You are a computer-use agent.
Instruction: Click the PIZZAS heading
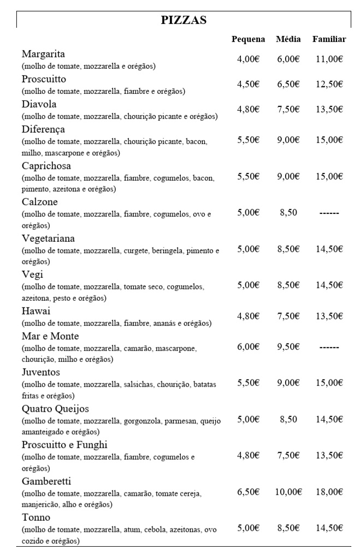click(184, 20)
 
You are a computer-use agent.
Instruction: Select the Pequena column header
click(248, 39)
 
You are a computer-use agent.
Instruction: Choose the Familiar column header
click(329, 39)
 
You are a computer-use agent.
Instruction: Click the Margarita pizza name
click(44, 54)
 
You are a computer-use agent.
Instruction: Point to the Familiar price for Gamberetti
click(329, 492)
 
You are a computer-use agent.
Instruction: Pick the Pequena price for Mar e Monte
click(248, 347)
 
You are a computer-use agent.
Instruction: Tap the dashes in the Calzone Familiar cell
click(329, 212)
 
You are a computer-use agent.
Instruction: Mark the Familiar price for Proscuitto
click(329, 84)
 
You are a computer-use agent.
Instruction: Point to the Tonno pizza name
click(36, 517)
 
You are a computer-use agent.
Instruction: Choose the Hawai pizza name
click(36, 311)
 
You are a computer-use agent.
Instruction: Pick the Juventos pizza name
click(42, 372)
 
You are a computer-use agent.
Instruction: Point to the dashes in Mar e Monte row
click(329, 347)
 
